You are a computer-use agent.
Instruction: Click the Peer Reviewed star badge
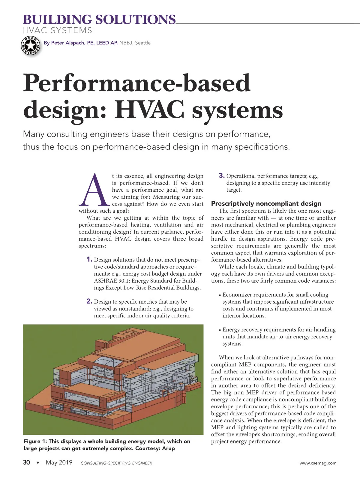tap(30, 46)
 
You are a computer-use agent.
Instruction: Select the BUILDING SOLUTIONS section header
tap(99, 20)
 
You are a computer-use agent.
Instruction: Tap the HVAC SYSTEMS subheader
tap(57, 30)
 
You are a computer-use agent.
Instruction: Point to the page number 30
tap(26, 462)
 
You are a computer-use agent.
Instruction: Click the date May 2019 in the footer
tap(59, 462)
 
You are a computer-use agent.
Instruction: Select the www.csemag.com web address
tap(318, 463)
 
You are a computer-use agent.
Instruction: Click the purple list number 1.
tap(89, 259)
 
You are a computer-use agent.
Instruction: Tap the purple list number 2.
tap(89, 301)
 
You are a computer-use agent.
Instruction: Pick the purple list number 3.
tap(221, 175)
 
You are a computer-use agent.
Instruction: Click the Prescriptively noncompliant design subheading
tap(266, 203)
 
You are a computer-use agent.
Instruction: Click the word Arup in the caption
tap(168, 448)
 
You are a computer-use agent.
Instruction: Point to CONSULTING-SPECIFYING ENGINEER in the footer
tap(116, 463)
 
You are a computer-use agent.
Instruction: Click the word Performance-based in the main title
tap(136, 83)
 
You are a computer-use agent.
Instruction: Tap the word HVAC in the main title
tap(149, 110)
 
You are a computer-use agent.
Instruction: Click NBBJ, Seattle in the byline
tap(135, 43)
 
